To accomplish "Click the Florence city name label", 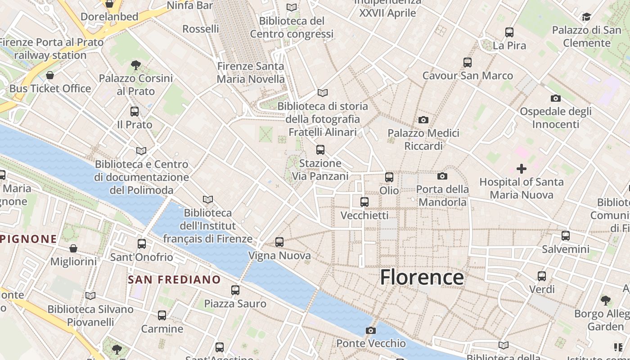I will [422, 277].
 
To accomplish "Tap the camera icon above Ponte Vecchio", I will [370, 331].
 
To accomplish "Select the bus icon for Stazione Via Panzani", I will [320, 150].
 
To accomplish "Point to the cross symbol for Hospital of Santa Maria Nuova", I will [522, 169].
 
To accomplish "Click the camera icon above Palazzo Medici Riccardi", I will [423, 120].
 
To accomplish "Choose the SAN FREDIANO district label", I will [174, 279].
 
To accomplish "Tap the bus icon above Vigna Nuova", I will [279, 242].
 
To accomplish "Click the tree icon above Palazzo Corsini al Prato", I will [135, 65].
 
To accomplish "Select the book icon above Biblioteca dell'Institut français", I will [207, 199].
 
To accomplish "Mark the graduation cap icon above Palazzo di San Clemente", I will [586, 17].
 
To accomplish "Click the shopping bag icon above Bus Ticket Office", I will [50, 75].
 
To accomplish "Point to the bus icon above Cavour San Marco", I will [468, 63].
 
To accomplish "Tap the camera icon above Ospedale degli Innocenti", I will [556, 99].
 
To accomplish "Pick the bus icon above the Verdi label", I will [542, 276].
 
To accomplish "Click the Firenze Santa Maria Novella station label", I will [251, 73].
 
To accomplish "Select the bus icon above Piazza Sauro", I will [235, 290].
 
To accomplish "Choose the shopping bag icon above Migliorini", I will [73, 248].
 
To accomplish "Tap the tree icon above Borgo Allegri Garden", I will [605, 300].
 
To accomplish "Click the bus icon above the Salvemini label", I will [566, 236].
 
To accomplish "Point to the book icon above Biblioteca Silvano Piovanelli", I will [90, 296].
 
